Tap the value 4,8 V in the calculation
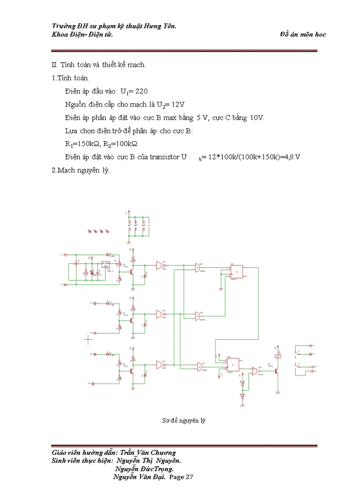tap(292, 157)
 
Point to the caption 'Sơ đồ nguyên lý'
tap(184, 421)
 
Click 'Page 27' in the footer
tap(181, 477)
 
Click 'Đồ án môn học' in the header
tap(303, 34)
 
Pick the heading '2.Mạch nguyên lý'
tap(81, 170)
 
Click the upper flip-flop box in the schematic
tap(237, 272)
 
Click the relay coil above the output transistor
tap(277, 357)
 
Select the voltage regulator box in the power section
tap(105, 264)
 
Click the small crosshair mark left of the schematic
tap(89, 339)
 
